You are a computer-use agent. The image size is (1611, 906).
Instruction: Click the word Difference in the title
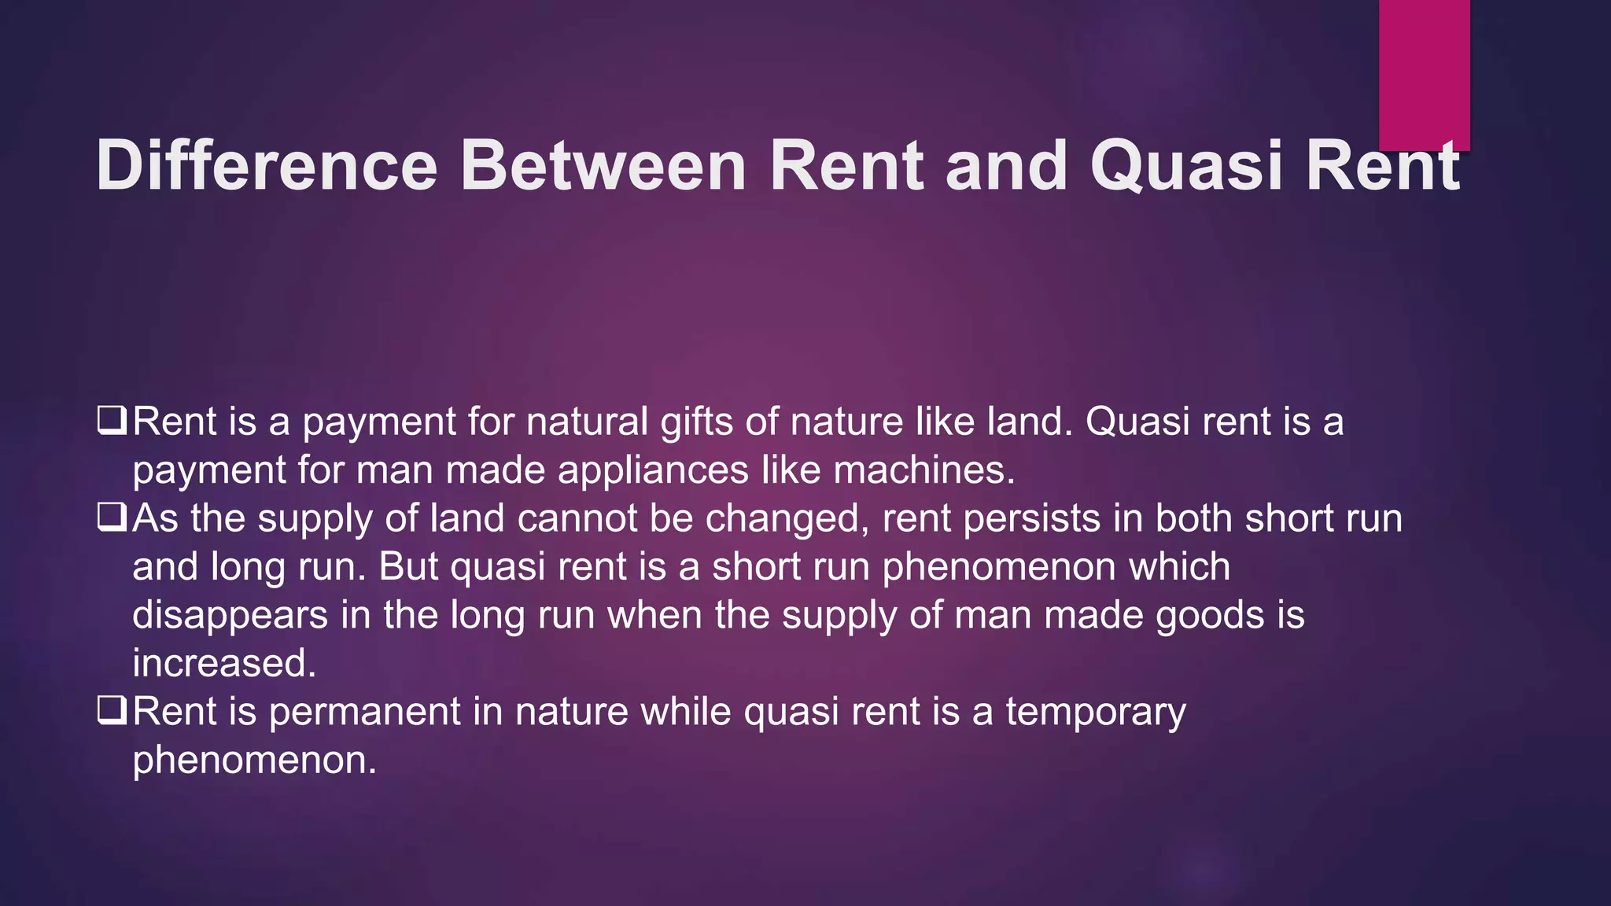(266, 165)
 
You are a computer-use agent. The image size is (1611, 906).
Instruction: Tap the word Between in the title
(603, 165)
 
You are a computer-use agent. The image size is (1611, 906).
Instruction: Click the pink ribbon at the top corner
(1424, 75)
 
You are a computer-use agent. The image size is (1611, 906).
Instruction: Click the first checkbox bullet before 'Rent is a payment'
(112, 420)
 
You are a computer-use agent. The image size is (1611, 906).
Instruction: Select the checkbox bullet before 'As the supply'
(112, 517)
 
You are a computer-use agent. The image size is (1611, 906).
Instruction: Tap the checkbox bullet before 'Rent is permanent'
(112, 710)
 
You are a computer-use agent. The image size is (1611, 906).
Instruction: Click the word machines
(923, 470)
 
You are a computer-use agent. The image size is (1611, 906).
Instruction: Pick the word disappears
(230, 616)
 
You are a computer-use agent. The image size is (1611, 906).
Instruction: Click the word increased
(223, 663)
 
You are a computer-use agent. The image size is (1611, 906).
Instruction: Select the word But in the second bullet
(407, 567)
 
